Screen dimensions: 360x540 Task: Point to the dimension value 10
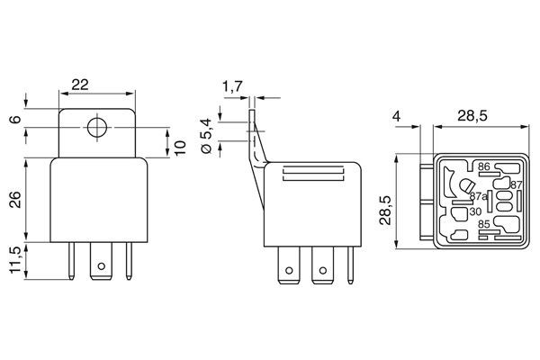tap(180, 148)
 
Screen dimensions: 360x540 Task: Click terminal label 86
tap(483, 166)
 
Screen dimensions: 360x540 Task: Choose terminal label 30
tap(474, 211)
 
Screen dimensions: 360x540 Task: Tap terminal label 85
tap(483, 225)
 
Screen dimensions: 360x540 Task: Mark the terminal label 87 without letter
tap(516, 185)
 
